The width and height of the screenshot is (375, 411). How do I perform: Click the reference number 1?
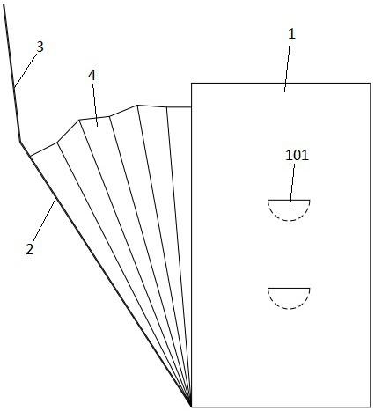coord(291,34)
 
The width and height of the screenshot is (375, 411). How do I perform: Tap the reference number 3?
coord(40,47)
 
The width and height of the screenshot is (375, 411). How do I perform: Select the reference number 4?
coord(92,76)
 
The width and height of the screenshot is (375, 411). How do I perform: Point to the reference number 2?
coord(30,249)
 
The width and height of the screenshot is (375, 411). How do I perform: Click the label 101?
coord(298,155)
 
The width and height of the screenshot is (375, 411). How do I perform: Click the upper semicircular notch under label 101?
coord(289,209)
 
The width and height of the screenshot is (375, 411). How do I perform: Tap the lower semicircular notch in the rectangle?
coord(289,298)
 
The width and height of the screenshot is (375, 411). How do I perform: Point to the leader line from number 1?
coord(288,66)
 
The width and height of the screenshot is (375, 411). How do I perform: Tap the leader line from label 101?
coord(292,184)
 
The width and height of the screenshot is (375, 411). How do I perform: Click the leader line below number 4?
coord(95,105)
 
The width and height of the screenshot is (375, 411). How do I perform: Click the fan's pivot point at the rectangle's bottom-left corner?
coord(191,407)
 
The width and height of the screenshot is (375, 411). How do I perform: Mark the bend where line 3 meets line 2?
coord(20,142)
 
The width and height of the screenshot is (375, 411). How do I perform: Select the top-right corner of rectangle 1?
coord(370,84)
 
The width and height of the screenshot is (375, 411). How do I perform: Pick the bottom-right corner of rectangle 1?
coord(370,407)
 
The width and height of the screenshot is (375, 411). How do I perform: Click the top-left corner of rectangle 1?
coord(192,84)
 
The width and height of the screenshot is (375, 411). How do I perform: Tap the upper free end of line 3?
coord(4,6)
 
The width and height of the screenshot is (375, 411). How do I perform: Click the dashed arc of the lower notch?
coord(289,308)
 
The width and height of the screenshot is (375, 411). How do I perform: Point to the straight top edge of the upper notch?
coord(289,200)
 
